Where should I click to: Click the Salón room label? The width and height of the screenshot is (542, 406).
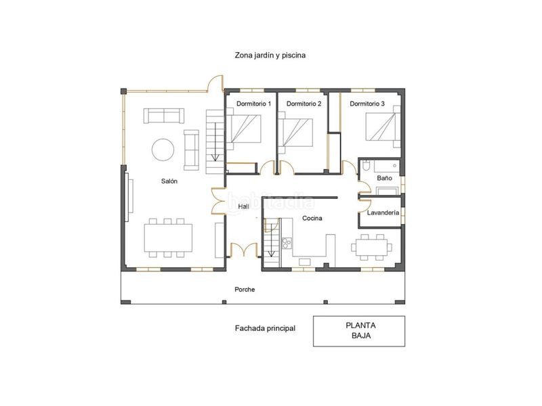tap(169, 181)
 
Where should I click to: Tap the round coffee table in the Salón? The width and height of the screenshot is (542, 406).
tap(163, 149)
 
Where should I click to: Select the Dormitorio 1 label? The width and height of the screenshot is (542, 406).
tap(253, 104)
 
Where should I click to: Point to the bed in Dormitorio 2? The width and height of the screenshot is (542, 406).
tap(295, 133)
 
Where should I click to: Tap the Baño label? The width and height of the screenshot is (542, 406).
tap(384, 178)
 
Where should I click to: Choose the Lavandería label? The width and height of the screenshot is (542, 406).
tap(383, 212)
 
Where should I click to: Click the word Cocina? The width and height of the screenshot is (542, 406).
tap(312, 218)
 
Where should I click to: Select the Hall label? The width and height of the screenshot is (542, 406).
tap(243, 206)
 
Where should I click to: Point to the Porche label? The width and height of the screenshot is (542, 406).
tap(245, 290)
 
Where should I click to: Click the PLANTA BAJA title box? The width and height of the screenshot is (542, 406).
tap(359, 331)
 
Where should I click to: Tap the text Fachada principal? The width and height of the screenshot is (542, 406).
tap(265, 328)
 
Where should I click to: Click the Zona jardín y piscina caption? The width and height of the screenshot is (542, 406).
tap(270, 55)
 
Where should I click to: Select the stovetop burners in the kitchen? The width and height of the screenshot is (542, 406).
tap(287, 243)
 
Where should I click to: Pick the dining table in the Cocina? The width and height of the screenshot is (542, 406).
tap(371, 247)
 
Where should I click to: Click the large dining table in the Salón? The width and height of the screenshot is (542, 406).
tap(168, 238)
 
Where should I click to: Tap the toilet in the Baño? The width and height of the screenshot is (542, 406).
tap(367, 166)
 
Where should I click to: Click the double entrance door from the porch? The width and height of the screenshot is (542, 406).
tap(244, 249)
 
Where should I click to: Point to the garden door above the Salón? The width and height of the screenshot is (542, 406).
tap(215, 83)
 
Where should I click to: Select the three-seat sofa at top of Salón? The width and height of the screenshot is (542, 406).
tap(164, 116)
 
